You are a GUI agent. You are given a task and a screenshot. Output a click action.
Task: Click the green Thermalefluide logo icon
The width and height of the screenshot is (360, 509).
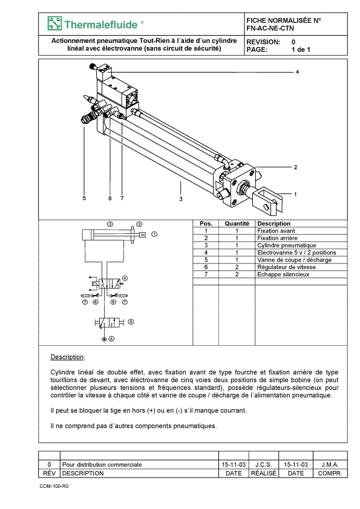54,24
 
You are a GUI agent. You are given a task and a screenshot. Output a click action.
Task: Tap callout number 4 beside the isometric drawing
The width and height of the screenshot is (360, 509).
297,72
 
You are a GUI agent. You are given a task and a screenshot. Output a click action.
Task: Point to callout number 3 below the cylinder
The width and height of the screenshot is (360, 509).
181,199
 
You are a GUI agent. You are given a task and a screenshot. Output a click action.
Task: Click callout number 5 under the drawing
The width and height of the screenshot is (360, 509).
84,198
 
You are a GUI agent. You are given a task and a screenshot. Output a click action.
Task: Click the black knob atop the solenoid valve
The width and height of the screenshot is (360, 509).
93,67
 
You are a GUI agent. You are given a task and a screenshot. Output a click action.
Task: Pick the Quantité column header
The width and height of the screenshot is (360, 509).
237,223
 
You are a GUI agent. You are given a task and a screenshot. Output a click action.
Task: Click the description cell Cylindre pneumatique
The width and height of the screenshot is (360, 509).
287,245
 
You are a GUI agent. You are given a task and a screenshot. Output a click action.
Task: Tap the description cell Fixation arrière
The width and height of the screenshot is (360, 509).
277,238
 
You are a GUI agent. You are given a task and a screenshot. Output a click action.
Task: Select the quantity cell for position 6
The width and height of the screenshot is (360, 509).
237,267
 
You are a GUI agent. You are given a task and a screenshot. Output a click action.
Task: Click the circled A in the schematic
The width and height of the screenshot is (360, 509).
111,339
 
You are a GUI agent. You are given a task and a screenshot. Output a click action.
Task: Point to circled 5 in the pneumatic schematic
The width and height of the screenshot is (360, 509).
131,322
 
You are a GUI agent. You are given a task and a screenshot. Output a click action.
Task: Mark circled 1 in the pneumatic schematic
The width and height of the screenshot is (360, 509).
155,234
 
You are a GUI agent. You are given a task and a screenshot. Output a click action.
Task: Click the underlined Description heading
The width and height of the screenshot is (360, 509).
67,357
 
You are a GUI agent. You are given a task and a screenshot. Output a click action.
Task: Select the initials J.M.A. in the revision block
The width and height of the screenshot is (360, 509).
330,464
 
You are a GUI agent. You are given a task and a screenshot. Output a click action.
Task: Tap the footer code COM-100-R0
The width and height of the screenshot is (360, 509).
54,486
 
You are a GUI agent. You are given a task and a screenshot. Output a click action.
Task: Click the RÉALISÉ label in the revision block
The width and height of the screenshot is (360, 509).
264,473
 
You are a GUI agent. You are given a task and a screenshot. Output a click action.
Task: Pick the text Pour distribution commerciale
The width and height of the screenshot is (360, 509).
102,464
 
